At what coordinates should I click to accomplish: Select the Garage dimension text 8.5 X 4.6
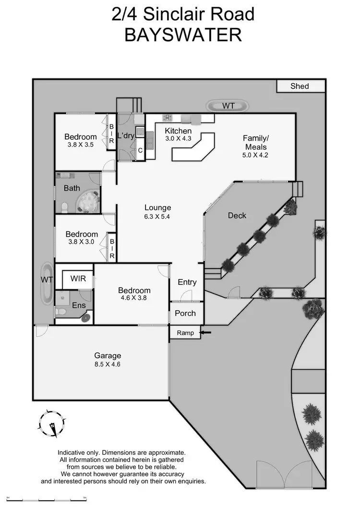tap(108, 364)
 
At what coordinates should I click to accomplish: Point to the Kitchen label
tap(178, 131)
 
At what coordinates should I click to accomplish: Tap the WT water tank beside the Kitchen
tap(228, 106)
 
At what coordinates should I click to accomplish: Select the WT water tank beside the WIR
tap(47, 283)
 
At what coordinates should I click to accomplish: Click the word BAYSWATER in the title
tap(182, 35)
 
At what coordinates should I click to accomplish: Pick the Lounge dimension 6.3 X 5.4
tap(158, 217)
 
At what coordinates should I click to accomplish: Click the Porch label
tap(185, 313)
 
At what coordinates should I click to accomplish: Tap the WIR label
tap(78, 279)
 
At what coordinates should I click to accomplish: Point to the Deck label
tap(237, 216)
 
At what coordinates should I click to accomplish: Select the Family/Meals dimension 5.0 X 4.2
tap(256, 155)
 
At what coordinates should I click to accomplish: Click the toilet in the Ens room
tap(60, 312)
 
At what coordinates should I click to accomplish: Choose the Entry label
tap(187, 282)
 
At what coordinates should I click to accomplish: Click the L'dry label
tap(126, 136)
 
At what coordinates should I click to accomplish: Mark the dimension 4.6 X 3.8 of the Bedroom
tap(134, 298)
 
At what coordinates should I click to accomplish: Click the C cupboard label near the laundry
tap(140, 150)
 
